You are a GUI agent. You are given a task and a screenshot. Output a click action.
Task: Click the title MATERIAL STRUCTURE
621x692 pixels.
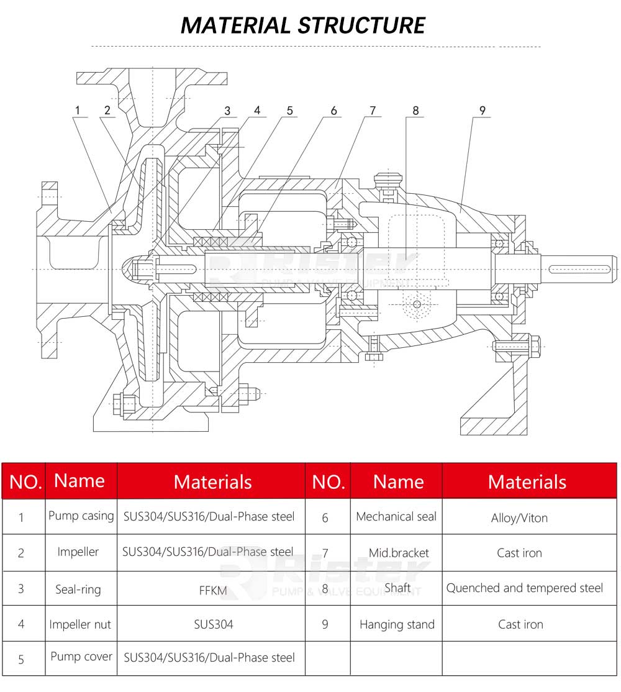pos(303,25)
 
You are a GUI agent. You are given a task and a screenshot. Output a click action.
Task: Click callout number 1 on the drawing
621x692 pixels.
pos(78,111)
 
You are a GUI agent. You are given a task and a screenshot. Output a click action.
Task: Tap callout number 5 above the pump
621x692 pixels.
pos(289,111)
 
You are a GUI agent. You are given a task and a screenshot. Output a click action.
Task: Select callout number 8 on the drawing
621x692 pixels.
pos(415,111)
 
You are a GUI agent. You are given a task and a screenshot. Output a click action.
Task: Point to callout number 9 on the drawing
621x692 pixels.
pos(482,111)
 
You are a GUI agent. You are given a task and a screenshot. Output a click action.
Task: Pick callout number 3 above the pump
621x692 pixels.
pos(227,111)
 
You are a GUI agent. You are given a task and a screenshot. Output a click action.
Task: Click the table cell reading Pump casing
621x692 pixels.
pos(81,516)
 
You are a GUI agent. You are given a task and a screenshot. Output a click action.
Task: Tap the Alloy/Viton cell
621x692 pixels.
pos(519,517)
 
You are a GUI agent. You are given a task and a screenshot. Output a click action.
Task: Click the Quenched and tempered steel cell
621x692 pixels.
pos(525,588)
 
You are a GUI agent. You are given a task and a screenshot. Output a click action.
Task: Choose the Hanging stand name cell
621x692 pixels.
pos(397,624)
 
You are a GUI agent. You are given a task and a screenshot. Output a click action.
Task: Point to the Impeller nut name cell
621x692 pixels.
pos(80,624)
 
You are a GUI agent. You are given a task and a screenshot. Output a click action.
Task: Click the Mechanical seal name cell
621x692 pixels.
pos(396,516)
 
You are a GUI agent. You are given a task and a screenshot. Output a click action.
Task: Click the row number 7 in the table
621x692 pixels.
pos(325,553)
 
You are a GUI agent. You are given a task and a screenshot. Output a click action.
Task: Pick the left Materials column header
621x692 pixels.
pos(212,482)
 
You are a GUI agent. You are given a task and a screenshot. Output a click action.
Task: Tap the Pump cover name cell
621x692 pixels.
pos(81,657)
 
